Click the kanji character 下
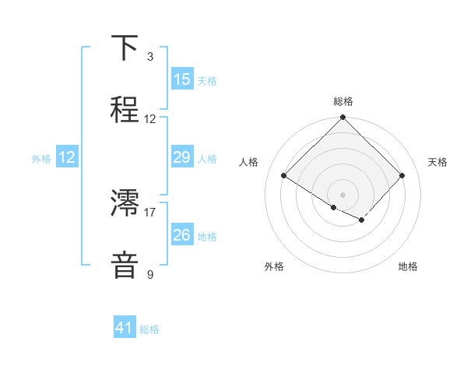coord(125,49)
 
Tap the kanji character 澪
coord(125,205)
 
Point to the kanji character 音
coord(125,264)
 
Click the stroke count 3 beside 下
coord(150,57)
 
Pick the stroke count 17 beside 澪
coord(150,211)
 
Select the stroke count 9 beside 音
coord(150,273)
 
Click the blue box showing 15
coord(182,79)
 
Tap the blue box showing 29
coord(182,157)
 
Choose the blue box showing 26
coord(182,235)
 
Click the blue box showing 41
coord(125,328)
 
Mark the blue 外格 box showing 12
coord(67,157)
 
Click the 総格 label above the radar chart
coord(343,101)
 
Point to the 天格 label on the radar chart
coord(437,162)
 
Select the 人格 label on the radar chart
coord(249,162)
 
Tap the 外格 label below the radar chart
coord(274,266)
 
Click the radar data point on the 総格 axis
coord(343,118)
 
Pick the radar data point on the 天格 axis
coord(402,175)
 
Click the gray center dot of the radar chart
coord(343,194)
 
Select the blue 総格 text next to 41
coord(149,329)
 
